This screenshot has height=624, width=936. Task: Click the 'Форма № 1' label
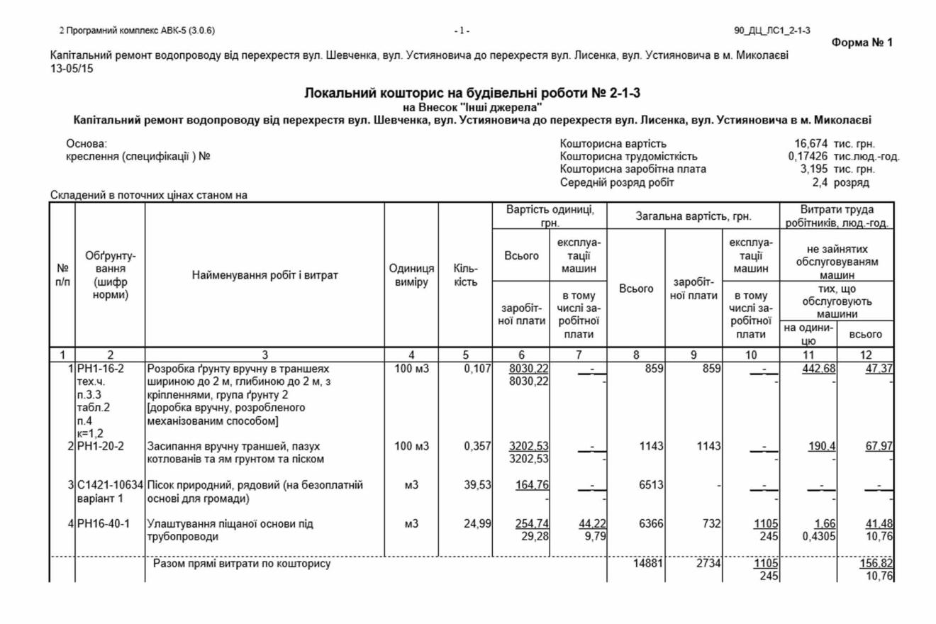pos(863,43)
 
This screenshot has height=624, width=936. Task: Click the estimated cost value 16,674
pos(813,144)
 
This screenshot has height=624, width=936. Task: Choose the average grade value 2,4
pos(820,182)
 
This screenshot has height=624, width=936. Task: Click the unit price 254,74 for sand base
pos(529,524)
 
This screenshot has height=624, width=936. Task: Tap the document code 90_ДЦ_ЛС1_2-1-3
pos(773,30)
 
